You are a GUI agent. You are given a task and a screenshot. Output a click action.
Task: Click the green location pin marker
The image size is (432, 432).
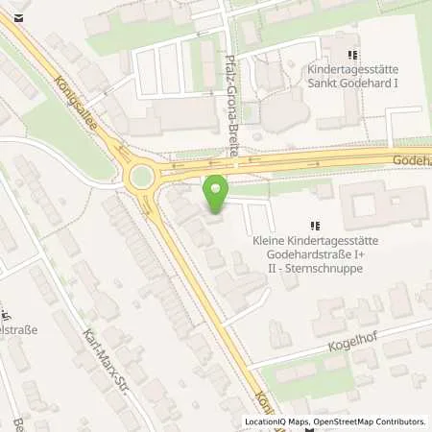(217, 196)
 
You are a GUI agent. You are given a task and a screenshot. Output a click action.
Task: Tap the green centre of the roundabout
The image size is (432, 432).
(141, 175)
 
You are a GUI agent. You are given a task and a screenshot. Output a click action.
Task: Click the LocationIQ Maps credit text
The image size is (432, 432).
(274, 421)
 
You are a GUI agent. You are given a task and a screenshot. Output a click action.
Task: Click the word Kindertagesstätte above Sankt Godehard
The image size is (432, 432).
(350, 69)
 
